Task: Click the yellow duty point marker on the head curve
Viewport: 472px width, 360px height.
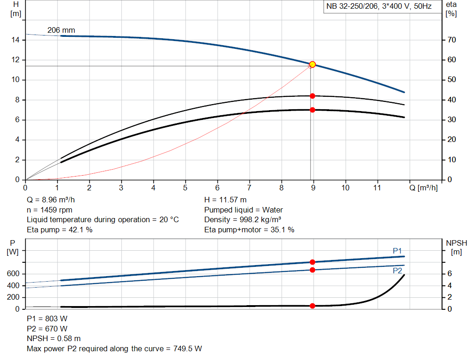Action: (313, 65)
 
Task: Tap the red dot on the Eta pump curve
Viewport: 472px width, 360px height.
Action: (313, 96)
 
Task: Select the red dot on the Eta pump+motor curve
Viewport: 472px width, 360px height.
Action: (313, 110)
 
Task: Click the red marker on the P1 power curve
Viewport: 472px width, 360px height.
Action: (313, 262)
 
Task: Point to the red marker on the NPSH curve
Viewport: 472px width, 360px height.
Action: (313, 306)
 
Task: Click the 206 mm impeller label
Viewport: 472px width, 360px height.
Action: (61, 30)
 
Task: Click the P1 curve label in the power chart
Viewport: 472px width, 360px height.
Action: (397, 250)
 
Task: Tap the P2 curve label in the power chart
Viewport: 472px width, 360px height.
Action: (397, 271)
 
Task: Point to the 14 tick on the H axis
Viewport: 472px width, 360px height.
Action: (16, 40)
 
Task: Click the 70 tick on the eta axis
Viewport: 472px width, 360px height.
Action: (451, 40)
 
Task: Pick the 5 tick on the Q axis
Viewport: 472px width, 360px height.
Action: (185, 188)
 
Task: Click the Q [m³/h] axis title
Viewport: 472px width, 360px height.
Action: (423, 188)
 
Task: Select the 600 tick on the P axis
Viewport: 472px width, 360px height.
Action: (13, 274)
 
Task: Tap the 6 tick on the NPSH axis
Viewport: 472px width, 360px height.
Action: (449, 274)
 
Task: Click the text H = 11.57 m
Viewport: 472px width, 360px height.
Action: (225, 200)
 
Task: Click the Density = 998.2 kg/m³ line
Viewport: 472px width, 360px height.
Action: (243, 219)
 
